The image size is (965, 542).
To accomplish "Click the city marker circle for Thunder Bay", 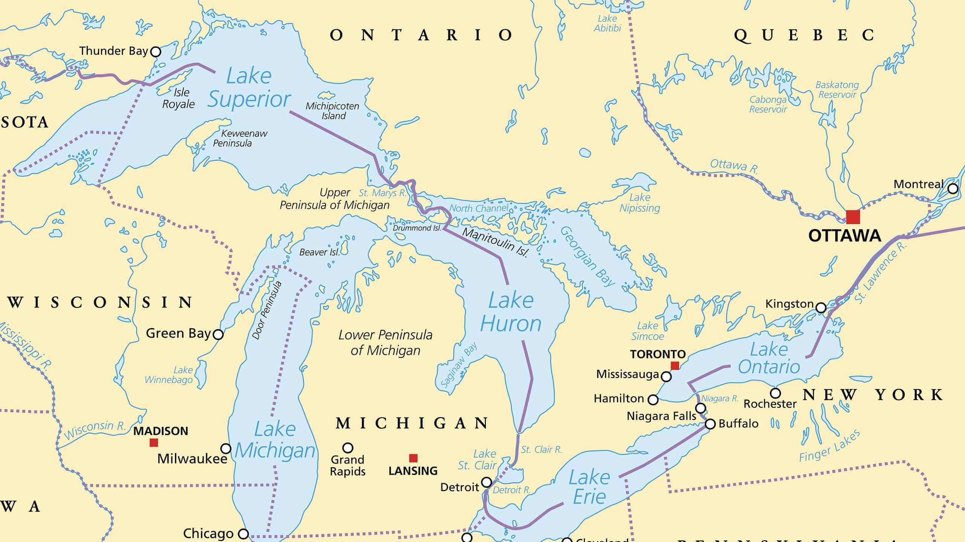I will tap(155, 52).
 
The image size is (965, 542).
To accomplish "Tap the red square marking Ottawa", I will tap(853, 217).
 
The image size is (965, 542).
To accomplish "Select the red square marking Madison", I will tap(154, 443).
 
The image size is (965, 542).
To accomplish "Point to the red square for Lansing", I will tap(413, 458).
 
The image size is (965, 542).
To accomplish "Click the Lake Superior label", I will tap(249, 88).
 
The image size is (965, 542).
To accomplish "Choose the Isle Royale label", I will tap(179, 98).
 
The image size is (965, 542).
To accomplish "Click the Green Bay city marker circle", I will tap(218, 334).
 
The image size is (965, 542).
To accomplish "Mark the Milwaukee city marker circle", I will tap(226, 449).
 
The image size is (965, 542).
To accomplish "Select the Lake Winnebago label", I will tap(169, 375).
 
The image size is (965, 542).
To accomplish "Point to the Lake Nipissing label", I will tap(640, 203).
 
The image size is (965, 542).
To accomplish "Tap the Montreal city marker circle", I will tap(953, 189).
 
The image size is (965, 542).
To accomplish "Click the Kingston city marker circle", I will tap(821, 308).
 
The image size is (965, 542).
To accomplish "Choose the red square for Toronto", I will tap(675, 365).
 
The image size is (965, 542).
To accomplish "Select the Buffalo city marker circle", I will tap(710, 424).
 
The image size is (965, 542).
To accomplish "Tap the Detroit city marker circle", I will tap(487, 482).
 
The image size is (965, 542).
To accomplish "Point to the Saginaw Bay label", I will tap(459, 364).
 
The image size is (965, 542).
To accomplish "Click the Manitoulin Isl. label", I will tap(495, 243).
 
